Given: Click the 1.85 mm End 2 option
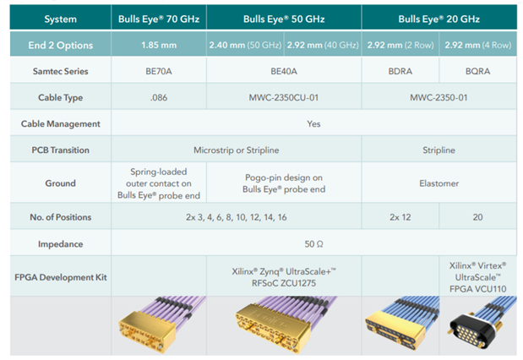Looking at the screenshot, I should [158, 44].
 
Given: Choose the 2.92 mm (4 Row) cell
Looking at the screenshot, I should [477, 44].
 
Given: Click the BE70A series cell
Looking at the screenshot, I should [158, 71].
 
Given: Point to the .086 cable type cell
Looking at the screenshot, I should [158, 97].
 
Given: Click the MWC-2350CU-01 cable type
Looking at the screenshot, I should [283, 97].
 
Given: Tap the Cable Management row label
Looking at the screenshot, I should [61, 123].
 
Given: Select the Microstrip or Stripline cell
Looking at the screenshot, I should [241, 150].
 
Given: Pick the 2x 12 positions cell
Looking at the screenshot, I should [400, 217].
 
